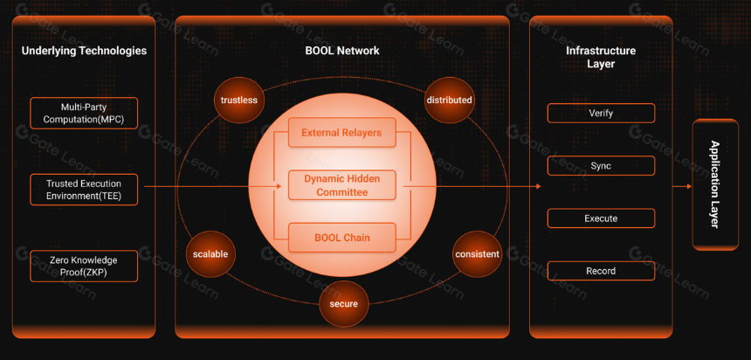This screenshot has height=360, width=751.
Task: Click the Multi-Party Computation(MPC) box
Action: [84, 113]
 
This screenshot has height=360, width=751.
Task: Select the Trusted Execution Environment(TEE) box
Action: [84, 190]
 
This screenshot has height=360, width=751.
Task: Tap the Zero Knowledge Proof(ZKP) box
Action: [84, 266]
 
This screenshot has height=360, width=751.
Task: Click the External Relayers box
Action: [342, 132]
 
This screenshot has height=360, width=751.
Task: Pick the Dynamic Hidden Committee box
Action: [342, 185]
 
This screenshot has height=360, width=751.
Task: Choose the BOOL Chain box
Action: [342, 238]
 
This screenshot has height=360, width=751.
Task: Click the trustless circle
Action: [239, 100]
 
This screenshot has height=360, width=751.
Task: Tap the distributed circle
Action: [449, 100]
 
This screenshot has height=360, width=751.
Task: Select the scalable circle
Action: [210, 254]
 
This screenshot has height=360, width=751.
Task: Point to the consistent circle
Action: [477, 254]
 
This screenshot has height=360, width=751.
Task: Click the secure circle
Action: [344, 304]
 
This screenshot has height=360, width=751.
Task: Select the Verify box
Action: [601, 113]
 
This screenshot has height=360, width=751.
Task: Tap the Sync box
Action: [601, 166]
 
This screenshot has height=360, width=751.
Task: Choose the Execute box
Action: [601, 218]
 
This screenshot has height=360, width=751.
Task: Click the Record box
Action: [601, 271]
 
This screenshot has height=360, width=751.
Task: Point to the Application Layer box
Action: [715, 184]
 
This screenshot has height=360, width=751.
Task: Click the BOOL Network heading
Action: [342, 51]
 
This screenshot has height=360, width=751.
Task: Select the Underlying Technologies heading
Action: [85, 51]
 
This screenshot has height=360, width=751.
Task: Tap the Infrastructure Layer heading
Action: [601, 57]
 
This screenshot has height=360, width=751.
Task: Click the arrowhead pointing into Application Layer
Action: [689, 186]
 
